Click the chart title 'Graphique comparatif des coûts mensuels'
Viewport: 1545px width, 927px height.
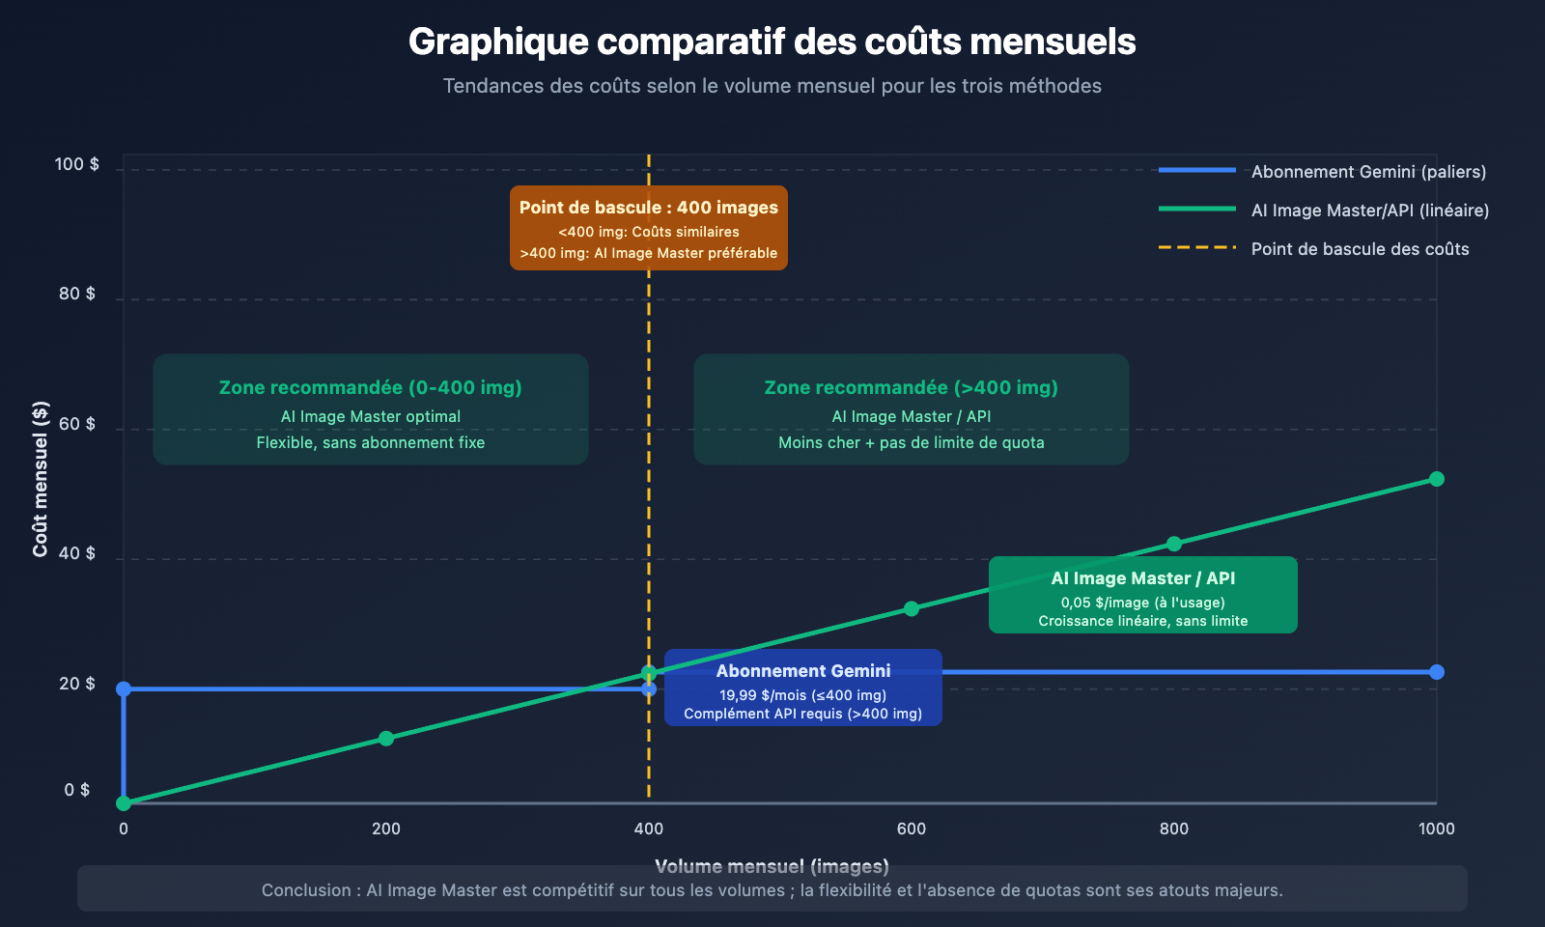[x=772, y=42]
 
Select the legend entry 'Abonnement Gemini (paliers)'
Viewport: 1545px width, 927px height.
[x=1367, y=172]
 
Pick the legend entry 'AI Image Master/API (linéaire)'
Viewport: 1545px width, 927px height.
[x=1369, y=211]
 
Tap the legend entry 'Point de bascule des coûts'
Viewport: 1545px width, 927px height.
[x=1360, y=249]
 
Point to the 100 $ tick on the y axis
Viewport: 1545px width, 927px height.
[x=76, y=164]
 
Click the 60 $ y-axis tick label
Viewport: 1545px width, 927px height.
[x=76, y=424]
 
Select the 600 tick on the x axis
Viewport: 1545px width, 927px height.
[x=911, y=829]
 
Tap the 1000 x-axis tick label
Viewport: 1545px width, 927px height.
[x=1436, y=829]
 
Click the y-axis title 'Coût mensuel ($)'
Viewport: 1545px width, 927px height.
[x=40, y=479]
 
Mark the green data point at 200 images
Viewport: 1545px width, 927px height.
[x=386, y=739]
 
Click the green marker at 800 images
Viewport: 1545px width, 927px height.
[x=1174, y=544]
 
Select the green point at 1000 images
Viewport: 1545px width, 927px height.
[x=1437, y=479]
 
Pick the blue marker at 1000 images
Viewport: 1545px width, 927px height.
[x=1437, y=672]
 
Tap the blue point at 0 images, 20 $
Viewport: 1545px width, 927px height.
[x=124, y=688]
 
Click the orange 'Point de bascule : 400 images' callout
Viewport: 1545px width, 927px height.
[x=648, y=208]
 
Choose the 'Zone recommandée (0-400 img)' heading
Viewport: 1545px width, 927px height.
[x=370, y=387]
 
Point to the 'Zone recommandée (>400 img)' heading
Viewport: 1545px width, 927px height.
[x=911, y=387]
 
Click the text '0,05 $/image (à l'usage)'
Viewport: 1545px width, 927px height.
[x=1142, y=603]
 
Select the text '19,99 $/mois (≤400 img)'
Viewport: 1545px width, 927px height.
[x=802, y=695]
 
